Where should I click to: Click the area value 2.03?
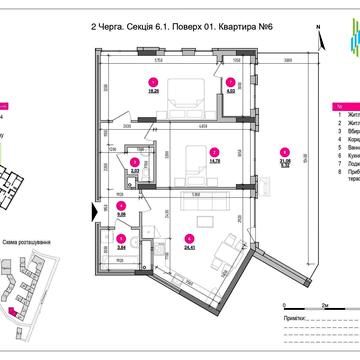point(135,172)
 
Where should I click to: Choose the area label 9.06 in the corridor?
point(121,213)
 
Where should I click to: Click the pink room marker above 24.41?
point(189,236)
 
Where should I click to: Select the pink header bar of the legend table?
point(345,104)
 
